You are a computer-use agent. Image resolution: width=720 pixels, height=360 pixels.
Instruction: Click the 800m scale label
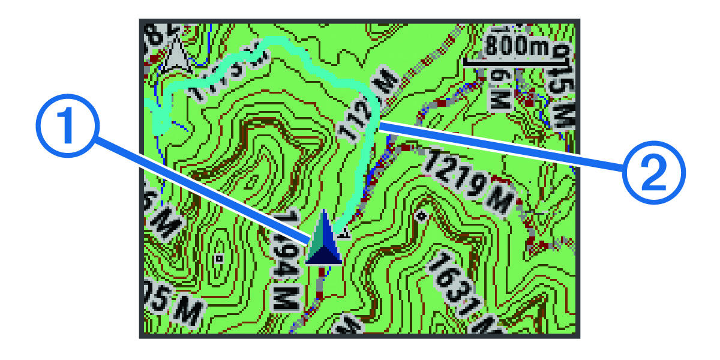coord(518,45)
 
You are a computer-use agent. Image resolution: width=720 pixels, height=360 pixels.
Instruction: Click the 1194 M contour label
coord(286,264)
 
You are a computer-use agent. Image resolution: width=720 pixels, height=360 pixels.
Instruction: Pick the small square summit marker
coord(220,259)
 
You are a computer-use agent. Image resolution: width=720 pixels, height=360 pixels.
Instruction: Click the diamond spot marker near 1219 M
coord(422,215)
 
